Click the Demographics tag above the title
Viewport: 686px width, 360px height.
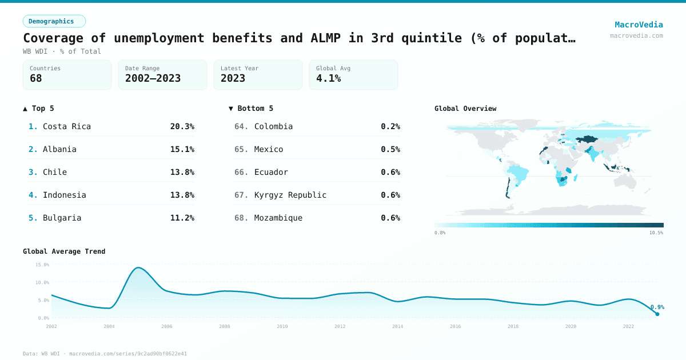[54, 21]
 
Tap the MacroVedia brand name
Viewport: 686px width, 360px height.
[639, 25]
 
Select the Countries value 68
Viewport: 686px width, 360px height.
[36, 78]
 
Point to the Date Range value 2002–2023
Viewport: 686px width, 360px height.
[153, 78]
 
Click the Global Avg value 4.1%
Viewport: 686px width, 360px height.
[329, 78]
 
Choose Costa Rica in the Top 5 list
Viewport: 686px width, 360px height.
[66, 126]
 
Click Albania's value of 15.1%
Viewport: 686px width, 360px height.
[182, 149]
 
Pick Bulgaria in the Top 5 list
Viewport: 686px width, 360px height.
[62, 218]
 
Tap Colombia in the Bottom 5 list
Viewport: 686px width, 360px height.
[273, 126]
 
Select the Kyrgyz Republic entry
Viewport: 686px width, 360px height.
[290, 195]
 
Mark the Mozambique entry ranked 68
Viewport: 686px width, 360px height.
[278, 218]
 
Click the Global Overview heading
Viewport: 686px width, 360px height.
[465, 109]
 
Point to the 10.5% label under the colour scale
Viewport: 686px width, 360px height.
[656, 233]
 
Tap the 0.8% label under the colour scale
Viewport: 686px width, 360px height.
[440, 233]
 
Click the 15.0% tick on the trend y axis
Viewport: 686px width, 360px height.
[42, 265]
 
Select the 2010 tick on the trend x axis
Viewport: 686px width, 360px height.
[282, 326]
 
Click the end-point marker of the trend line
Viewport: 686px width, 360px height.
[657, 314]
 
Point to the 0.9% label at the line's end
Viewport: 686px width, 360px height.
[657, 307]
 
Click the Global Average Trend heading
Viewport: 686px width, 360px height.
[64, 251]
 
